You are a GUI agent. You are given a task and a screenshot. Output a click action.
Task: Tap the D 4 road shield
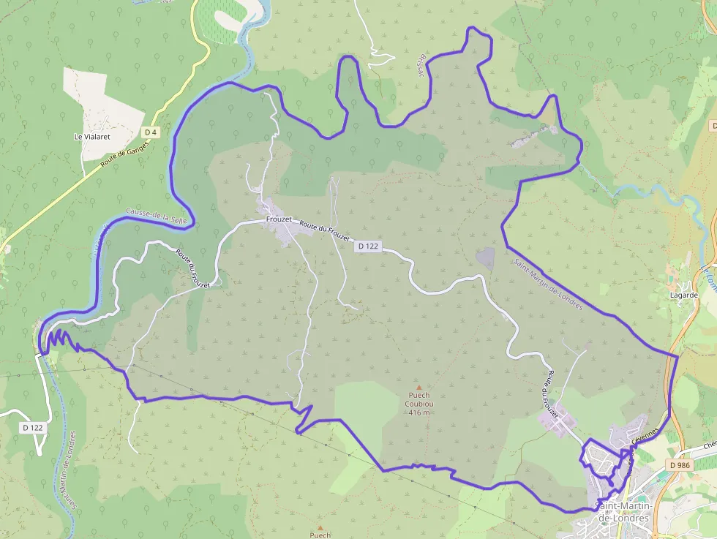tap(151, 132)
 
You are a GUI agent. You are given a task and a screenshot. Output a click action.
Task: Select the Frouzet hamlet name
tap(279, 219)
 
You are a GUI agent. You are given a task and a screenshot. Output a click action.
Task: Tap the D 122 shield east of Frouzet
tap(368, 246)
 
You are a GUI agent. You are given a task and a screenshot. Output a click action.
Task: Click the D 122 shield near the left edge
tap(33, 427)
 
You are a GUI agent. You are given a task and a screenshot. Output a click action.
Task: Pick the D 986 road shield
tap(680, 464)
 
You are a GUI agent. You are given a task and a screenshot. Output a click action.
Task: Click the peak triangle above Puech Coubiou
tap(419, 387)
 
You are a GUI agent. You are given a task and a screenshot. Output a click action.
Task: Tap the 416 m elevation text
tap(419, 413)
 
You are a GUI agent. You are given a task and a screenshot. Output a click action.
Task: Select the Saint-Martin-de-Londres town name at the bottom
tap(623, 513)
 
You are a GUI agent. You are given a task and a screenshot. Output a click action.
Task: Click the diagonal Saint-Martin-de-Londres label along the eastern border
tap(548, 284)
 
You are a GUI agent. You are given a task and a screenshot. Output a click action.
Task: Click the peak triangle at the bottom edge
tap(320, 527)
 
